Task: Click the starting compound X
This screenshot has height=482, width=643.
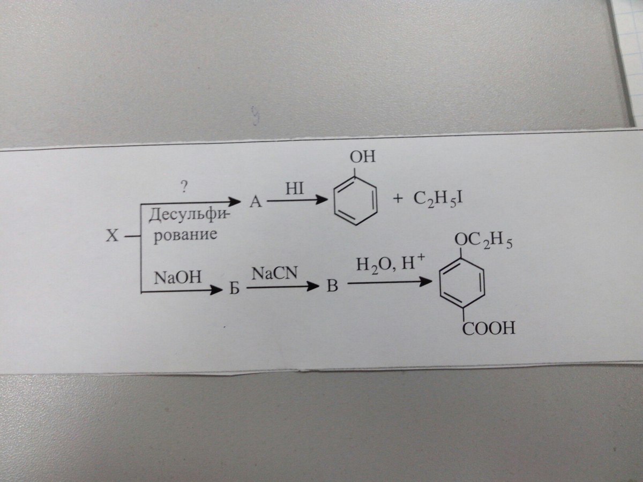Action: pos(111,236)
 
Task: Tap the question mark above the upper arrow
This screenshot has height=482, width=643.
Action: pos(184,186)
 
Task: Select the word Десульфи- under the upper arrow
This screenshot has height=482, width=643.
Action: pos(189,217)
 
